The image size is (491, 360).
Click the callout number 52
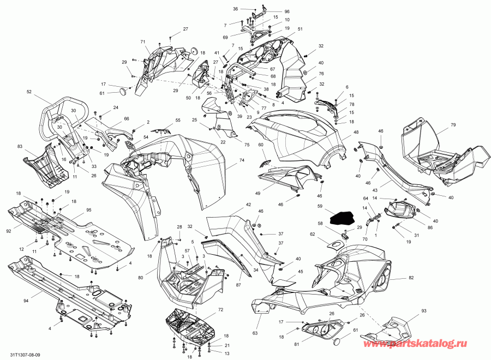[x=29, y=93]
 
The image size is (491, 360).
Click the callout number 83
[x=20, y=147]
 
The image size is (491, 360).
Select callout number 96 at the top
[x=287, y=11]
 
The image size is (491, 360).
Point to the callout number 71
[x=142, y=42]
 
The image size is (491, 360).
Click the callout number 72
[x=220, y=309]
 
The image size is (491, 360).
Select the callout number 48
[x=356, y=133]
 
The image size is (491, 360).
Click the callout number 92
[x=9, y=231]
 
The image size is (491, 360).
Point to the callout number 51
[x=300, y=28]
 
